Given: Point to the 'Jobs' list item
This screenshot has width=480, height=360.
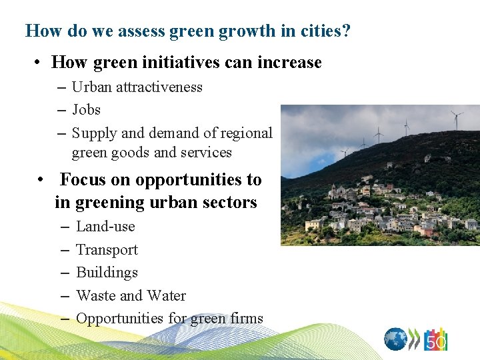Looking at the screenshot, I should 86,109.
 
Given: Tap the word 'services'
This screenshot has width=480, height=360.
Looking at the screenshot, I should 207,152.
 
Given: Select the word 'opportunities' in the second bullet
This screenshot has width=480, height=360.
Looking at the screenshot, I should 181,180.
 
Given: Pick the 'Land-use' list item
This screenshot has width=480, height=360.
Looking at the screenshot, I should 105,226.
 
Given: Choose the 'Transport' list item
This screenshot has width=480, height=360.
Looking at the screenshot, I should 107,249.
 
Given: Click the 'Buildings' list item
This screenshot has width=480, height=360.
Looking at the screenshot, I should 107,272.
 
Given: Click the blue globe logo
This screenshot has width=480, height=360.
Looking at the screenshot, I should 395,339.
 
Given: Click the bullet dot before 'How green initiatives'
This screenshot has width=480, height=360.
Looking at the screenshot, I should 40,63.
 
